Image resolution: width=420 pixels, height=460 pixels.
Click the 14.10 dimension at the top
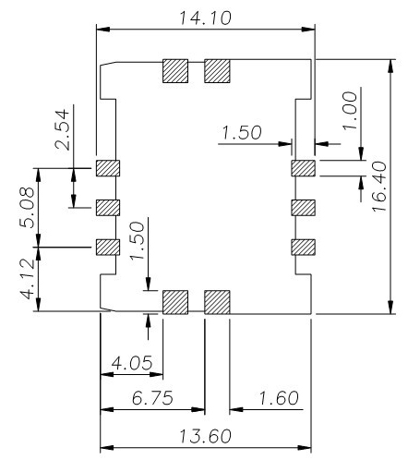click(205, 18)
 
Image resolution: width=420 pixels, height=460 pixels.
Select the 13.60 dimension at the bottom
click(205, 436)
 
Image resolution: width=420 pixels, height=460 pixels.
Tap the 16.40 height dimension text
click(379, 187)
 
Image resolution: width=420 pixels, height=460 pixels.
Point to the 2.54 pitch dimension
click(62, 129)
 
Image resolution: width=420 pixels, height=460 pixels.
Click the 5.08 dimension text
click(27, 207)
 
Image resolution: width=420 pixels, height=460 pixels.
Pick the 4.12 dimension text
click(27, 279)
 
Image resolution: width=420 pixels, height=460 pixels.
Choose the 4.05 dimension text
click(132, 363)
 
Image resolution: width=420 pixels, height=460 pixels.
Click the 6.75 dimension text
click(152, 397)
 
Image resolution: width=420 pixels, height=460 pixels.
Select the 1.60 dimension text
click(279, 397)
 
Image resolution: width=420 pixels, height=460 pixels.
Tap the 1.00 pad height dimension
click(351, 111)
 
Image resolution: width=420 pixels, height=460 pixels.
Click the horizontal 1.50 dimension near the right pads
click(242, 132)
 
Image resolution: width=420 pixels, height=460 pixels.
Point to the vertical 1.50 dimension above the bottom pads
click(138, 241)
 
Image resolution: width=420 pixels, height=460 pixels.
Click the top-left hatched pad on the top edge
click(175, 71)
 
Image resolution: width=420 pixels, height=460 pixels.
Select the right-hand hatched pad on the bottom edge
click(217, 302)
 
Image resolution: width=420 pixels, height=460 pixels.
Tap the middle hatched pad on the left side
click(108, 208)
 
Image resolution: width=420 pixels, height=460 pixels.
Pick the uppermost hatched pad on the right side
click(303, 168)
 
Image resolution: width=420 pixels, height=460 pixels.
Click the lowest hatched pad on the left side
click(108, 247)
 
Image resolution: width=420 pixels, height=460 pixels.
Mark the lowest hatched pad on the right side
click(303, 247)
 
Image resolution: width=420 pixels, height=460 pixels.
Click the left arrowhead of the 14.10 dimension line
click(103, 30)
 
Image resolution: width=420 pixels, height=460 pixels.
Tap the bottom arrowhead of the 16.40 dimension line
click(390, 307)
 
